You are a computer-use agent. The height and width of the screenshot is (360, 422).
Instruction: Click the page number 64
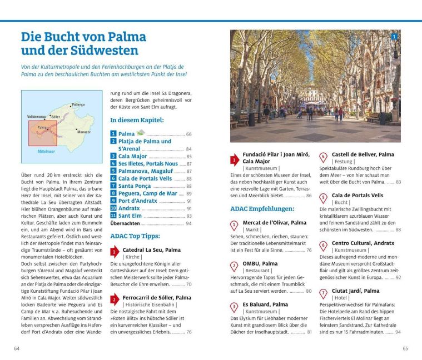[17, 348]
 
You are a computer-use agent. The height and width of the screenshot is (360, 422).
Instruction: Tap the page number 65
[405, 348]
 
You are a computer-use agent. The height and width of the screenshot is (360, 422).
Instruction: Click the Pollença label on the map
[78, 104]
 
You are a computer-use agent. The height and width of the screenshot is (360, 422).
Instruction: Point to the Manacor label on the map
[84, 132]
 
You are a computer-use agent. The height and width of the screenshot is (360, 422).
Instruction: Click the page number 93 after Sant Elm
[188, 216]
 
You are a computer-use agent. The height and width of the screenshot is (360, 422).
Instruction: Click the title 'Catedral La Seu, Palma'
[151, 250]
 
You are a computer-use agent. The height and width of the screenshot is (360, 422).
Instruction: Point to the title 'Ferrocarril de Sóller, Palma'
[157, 298]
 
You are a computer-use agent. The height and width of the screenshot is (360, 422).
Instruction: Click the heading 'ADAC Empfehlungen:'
[262, 209]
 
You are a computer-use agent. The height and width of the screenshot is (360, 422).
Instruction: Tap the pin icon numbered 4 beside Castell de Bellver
[323, 157]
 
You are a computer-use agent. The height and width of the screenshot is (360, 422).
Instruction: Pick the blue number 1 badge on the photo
[394, 37]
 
